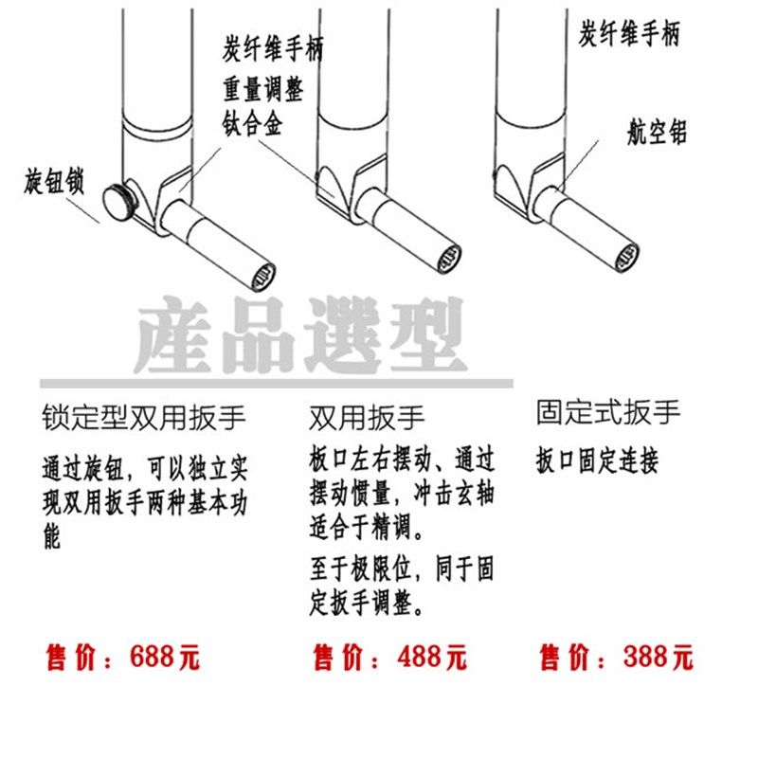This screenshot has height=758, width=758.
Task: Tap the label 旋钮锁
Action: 54,182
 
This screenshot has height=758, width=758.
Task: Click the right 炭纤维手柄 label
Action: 628,34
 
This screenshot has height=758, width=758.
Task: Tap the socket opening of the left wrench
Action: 264,276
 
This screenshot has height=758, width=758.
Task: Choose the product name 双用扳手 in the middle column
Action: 367,418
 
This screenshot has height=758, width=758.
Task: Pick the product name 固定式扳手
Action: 608,412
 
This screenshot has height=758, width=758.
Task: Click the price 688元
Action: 123,657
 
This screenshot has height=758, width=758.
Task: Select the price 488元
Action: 389,657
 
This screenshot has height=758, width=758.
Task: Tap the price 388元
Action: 616,657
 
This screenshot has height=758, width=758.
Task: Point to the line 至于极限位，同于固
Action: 401,571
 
